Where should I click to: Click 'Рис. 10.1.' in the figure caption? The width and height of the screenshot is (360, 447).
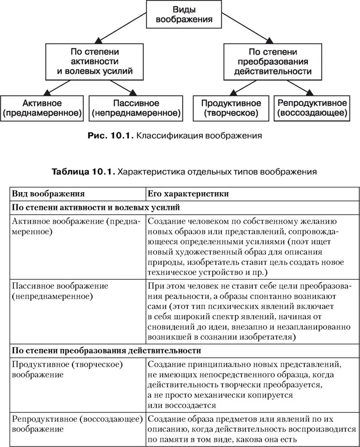109,135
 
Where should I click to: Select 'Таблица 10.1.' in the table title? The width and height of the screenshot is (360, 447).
82,172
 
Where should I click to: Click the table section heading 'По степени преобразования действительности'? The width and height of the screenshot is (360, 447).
106,351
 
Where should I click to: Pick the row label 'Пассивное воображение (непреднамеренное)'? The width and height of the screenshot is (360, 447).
60,291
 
